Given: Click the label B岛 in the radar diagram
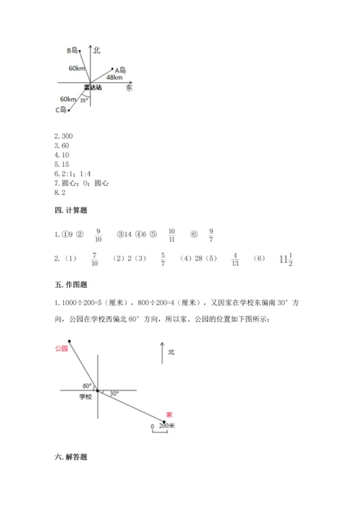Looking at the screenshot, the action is tap(73, 50).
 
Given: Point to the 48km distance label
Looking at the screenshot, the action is tap(113, 76).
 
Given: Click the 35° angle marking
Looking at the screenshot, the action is tap(84, 100).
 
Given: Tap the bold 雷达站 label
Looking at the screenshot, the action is tap(92, 87).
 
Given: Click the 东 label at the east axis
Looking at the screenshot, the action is tap(129, 88).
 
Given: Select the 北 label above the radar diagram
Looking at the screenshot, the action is tap(97, 50).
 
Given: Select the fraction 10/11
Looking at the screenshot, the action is tap(171, 235).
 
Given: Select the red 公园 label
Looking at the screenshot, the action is tap(60, 348).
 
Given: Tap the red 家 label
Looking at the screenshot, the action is tap(168, 415).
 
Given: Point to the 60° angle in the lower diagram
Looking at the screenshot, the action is tap(87, 385).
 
